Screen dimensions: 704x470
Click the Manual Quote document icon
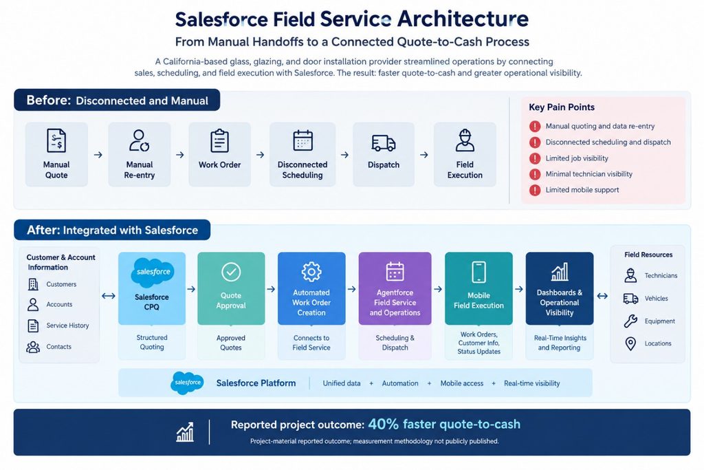[56, 140]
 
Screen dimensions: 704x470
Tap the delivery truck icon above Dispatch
[384, 143]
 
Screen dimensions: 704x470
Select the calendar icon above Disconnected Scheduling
[302, 140]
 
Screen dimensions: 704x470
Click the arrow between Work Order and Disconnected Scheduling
[260, 155]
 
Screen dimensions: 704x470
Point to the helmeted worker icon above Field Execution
[465, 140]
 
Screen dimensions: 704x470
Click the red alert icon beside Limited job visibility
[535, 158]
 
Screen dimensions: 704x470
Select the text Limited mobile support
[582, 190]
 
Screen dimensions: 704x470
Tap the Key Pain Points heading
[562, 107]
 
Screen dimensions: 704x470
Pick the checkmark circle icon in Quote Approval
[231, 272]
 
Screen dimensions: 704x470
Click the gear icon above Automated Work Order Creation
[311, 272]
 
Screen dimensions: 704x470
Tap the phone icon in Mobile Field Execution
[478, 272]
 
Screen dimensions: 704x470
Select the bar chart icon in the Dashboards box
[560, 272]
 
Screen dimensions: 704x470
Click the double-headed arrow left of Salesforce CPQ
[109, 296]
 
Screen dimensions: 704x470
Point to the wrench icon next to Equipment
[630, 321]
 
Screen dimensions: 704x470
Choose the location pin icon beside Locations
[630, 344]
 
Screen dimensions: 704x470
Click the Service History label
[67, 325]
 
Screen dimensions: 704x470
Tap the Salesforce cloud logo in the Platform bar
[187, 383]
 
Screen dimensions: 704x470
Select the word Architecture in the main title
[463, 19]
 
